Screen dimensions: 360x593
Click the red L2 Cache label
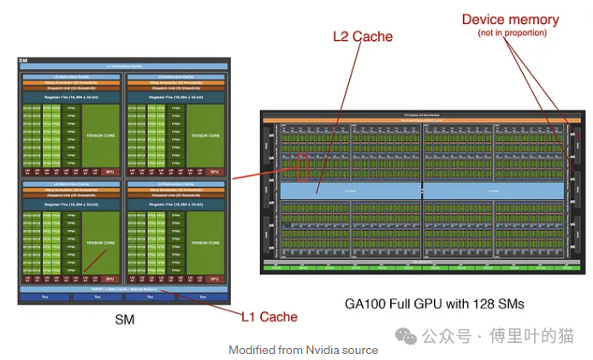363,37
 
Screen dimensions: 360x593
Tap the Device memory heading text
510,19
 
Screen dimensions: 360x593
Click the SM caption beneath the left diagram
124,320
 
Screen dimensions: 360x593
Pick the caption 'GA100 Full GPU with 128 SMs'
434,304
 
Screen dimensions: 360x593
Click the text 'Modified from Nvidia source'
303,350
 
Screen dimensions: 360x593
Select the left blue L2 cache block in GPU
351,190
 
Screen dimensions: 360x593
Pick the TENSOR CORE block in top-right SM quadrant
206,135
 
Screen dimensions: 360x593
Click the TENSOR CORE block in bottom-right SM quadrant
206,242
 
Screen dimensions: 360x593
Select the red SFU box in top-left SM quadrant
109,172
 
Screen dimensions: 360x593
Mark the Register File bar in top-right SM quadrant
176,97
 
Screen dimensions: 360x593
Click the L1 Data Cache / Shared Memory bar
124,289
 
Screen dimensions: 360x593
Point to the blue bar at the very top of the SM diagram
124,66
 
